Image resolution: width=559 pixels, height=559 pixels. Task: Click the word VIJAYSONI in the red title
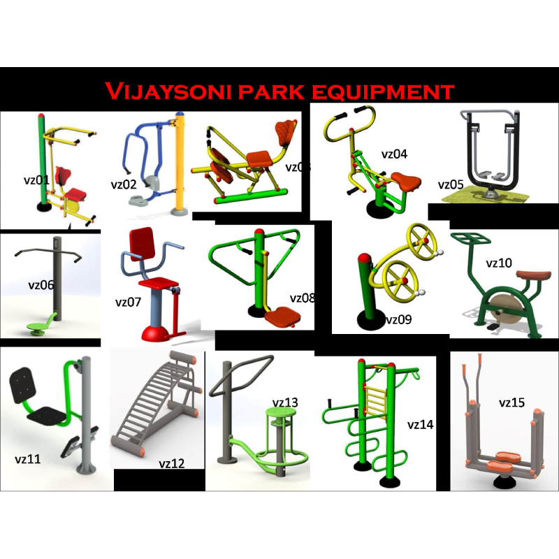pyautogui.click(x=168, y=91)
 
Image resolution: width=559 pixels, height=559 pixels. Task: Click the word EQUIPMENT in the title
pyautogui.click(x=383, y=92)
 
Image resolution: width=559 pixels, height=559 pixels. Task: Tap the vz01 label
pyautogui.click(x=36, y=180)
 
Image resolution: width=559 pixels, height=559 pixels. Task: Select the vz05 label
pyautogui.click(x=451, y=184)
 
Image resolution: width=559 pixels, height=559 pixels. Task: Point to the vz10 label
pyautogui.click(x=499, y=263)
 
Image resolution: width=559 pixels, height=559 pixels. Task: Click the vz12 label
pyautogui.click(x=171, y=463)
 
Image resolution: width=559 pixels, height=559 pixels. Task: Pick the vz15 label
pyautogui.click(x=511, y=402)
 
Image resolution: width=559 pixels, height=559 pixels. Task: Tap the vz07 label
pyautogui.click(x=128, y=303)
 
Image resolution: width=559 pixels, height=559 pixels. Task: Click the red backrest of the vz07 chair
pyautogui.click(x=142, y=245)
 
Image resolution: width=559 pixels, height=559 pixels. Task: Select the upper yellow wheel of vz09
pyautogui.click(x=423, y=240)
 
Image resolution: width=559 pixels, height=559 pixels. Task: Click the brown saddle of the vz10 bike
pyautogui.click(x=533, y=275)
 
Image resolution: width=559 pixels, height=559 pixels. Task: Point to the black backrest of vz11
pyautogui.click(x=22, y=385)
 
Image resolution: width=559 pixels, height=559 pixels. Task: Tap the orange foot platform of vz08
pyautogui.click(x=283, y=317)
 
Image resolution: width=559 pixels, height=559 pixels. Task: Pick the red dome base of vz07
pyautogui.click(x=155, y=334)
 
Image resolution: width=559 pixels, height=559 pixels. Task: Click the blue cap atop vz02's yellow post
pyautogui.click(x=180, y=114)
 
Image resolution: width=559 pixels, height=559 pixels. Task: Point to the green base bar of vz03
pyautogui.click(x=251, y=197)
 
